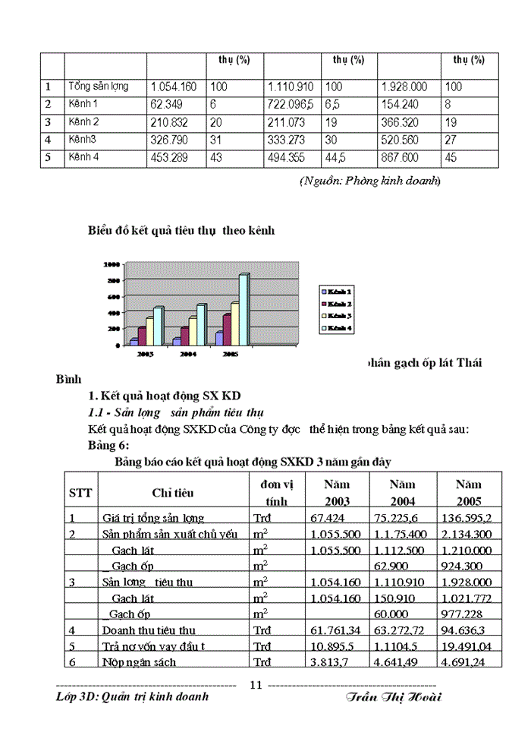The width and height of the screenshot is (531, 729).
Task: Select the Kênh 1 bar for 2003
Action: coord(134,342)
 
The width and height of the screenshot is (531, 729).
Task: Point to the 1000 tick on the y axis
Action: coord(112,265)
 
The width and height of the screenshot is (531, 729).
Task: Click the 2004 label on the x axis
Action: coord(188,354)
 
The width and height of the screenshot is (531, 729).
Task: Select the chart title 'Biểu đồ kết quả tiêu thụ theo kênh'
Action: coord(180,229)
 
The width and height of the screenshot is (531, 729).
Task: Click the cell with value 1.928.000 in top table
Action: coord(407,87)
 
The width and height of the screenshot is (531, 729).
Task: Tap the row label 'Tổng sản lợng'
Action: coord(103,87)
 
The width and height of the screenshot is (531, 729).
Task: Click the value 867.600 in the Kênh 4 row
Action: coord(407,157)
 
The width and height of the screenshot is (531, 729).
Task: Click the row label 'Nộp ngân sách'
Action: coord(140,662)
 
